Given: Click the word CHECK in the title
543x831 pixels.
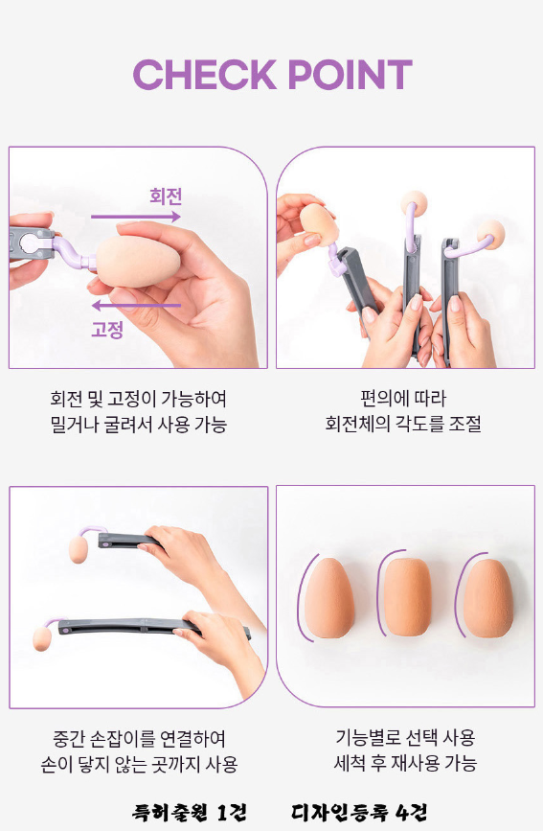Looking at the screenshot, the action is coord(205,74).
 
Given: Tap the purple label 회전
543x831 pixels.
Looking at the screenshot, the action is coord(166,196).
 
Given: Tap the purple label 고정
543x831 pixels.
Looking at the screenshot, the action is coord(107,329).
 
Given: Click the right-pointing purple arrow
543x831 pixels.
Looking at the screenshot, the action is coord(136,217).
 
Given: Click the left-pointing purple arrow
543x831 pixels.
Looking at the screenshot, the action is coord(136,305).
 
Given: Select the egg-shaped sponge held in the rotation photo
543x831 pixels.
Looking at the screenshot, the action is coord(138,262).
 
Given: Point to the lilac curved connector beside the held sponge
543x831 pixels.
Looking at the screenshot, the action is coord(74,253).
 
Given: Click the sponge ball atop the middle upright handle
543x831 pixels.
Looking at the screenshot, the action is coord(414,203).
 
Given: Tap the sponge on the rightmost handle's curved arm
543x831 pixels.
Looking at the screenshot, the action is coord(490,235).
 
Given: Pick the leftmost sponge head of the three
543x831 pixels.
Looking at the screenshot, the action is coord(329,597).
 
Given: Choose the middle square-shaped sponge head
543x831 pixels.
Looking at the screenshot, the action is coord(407,596).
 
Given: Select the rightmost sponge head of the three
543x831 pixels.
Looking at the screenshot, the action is coord(487,597).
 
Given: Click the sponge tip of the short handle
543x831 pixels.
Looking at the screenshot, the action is coord(78,549).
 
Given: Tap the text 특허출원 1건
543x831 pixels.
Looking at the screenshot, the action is coord(189,812).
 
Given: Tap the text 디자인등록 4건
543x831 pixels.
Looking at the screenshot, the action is coord(358,812).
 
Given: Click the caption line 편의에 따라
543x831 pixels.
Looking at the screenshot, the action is coord(403,399).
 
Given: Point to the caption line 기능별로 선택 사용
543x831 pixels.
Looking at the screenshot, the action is coord(405,737).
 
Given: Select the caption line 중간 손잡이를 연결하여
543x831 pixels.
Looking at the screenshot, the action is coord(139,738).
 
